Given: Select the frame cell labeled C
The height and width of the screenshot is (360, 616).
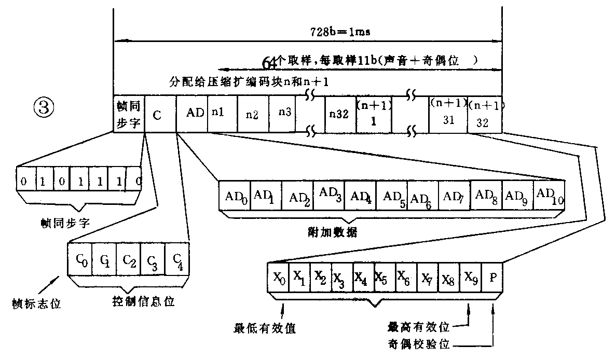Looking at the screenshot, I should [160, 115].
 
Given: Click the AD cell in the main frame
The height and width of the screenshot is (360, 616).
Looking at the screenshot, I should [195, 114].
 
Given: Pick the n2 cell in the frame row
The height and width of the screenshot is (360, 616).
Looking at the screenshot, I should [252, 115].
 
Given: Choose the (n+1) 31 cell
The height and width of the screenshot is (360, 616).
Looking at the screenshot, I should [447, 115].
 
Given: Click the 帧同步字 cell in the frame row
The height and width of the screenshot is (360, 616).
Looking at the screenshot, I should [129, 115].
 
